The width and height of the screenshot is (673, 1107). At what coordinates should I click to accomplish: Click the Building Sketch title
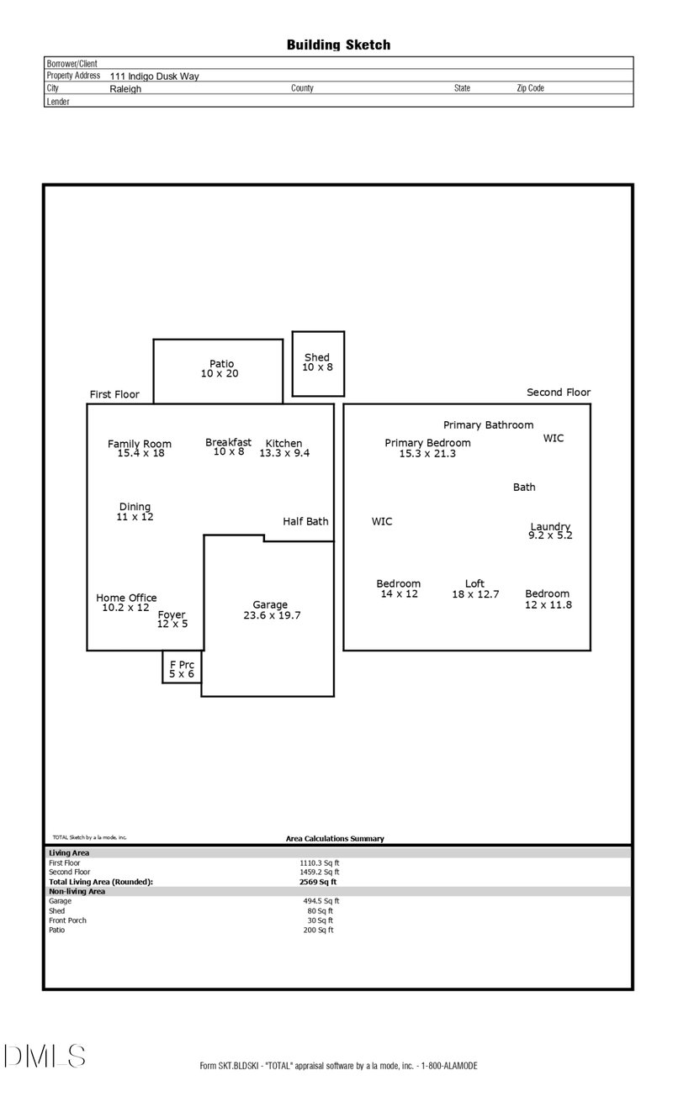pos(338,45)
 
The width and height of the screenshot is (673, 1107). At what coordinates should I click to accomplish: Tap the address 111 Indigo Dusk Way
pos(154,76)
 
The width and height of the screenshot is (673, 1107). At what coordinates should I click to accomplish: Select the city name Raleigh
pos(125,88)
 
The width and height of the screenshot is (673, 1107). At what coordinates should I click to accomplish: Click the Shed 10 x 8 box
pos(318,363)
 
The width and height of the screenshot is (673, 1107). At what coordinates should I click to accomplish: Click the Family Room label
pos(140,444)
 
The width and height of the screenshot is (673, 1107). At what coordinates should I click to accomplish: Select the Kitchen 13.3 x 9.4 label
pos(284,448)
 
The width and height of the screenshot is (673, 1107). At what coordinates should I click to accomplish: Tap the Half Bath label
pos(305,522)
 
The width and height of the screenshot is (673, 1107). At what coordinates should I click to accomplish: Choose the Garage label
pos(270,605)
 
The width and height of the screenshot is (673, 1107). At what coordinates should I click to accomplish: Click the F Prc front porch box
pos(182,669)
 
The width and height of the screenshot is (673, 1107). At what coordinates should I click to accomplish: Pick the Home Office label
pos(126,598)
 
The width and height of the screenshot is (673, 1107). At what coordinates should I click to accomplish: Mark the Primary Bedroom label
pos(427,443)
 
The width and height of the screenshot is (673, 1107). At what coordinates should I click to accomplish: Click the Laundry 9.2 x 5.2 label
pos(550,531)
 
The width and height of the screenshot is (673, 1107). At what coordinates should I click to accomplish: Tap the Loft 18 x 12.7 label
pos(475,589)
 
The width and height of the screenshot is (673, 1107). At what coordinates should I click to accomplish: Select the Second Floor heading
pos(559,393)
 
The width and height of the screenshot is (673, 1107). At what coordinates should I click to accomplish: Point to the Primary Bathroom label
pos(488,425)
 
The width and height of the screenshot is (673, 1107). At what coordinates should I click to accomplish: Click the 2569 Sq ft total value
pos(318,882)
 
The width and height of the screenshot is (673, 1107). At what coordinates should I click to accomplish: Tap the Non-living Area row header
pos(77,891)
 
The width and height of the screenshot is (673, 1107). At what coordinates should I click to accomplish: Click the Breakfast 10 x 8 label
pos(228,447)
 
